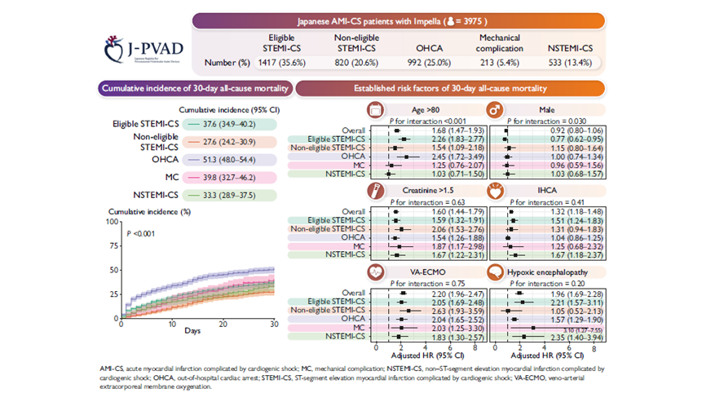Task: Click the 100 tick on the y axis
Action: click(113, 221)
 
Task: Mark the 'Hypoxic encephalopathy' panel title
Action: click(540, 268)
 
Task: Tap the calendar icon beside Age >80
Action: click(377, 108)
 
